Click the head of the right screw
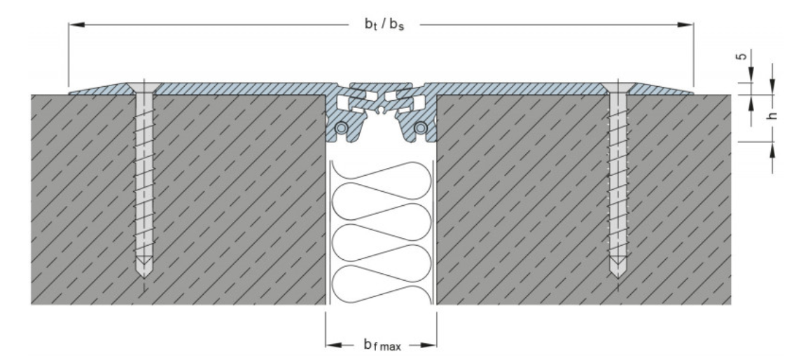coord(618,88)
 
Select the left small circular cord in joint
coord(340,127)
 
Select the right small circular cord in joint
coord(420,127)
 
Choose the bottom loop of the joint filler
coord(382,284)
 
